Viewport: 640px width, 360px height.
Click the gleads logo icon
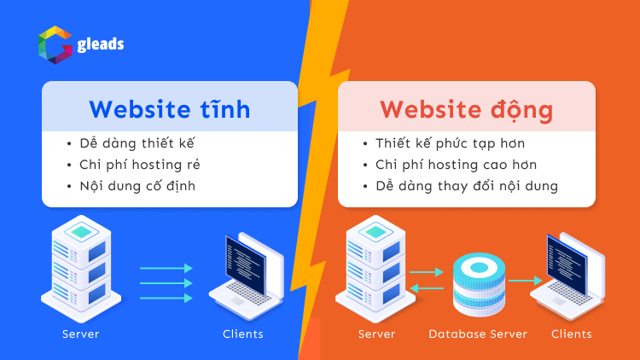pos(54,45)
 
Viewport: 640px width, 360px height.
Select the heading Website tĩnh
pos(170,109)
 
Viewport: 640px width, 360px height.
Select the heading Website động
pos(466,110)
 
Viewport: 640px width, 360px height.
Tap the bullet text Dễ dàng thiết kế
pos(138,143)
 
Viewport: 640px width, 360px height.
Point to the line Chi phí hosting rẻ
pos(140,165)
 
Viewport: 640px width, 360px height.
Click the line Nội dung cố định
pos(137,185)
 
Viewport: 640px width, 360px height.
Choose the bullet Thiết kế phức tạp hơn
pos(450,143)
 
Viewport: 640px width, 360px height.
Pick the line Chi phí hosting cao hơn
pos(456,165)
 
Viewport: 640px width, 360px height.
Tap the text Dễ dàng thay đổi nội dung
pos(467,185)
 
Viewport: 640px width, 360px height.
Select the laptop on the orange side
pos(567,271)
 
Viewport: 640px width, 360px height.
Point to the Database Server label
pos(478,334)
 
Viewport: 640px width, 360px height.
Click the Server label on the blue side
pos(80,334)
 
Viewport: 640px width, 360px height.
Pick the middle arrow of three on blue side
pos(166,282)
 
